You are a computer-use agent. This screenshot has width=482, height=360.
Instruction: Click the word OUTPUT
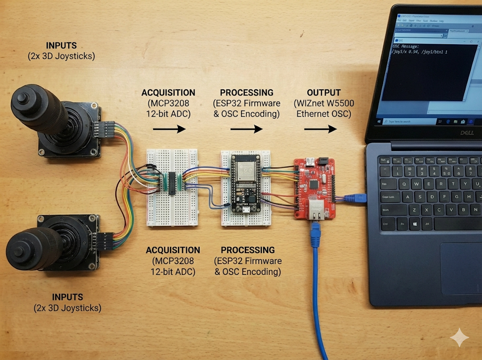[x=324, y=93]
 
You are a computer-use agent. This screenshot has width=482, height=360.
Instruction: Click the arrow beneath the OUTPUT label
[x=321, y=128]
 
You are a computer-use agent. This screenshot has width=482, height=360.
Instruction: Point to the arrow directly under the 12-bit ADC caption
[x=169, y=128]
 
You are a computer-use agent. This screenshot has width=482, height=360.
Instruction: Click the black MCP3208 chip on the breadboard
[x=172, y=183]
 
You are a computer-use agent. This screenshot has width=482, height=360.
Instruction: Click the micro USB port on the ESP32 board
[x=246, y=208]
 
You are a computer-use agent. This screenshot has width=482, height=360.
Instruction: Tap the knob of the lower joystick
[x=21, y=245]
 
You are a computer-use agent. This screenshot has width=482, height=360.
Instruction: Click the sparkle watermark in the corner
[x=459, y=338]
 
